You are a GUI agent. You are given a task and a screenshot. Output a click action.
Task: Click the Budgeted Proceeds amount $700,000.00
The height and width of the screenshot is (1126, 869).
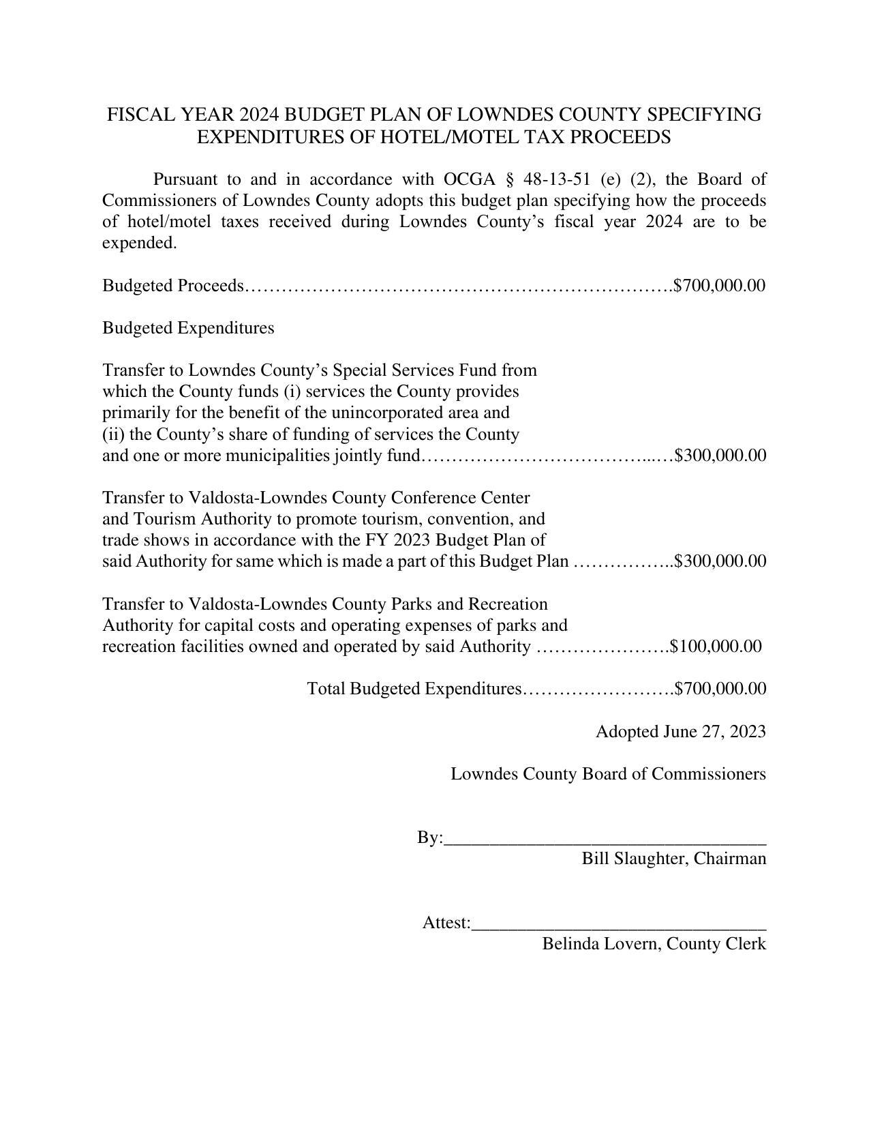[720, 285]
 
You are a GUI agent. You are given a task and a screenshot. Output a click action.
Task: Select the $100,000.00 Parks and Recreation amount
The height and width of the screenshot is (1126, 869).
[716, 646]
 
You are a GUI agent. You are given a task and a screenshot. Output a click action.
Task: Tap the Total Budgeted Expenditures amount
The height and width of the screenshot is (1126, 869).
[720, 689]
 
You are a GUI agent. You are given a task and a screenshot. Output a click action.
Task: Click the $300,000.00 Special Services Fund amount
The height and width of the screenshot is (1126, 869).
[720, 455]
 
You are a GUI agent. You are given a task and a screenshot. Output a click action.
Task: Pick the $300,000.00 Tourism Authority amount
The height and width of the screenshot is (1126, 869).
[720, 561]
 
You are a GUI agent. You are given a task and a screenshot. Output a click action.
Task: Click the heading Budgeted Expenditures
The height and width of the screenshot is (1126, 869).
[188, 328]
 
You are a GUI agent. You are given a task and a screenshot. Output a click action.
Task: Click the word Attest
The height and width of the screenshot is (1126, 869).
[444, 923]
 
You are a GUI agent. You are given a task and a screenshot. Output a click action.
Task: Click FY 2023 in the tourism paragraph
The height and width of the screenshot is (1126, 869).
[398, 540]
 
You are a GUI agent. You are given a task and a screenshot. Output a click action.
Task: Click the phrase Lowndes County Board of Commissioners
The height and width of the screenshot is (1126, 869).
[608, 774]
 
